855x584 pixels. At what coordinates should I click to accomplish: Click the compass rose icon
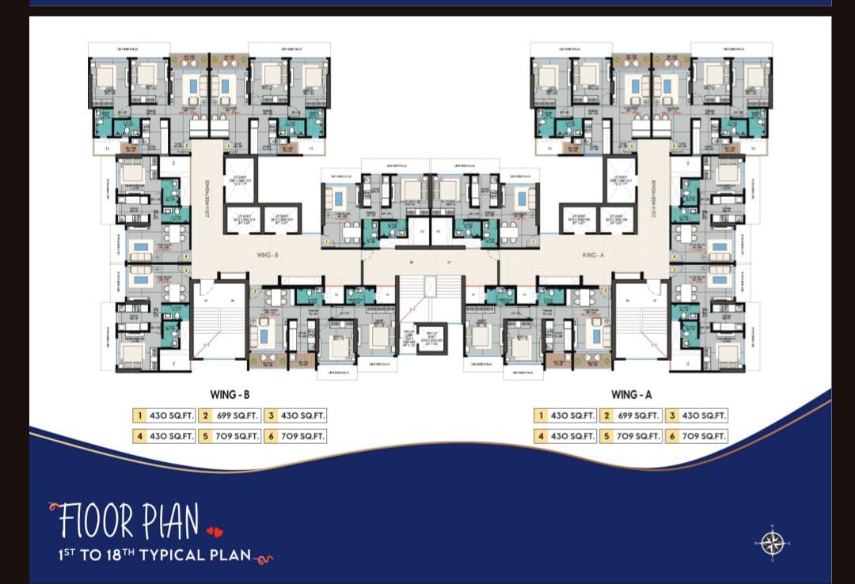point(772,543)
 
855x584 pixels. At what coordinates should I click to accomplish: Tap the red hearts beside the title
point(215,531)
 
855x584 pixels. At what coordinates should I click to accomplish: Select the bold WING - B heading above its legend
point(230,395)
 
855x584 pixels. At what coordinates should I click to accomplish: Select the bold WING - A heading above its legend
point(631,395)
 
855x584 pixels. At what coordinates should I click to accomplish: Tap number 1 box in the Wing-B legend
point(139,415)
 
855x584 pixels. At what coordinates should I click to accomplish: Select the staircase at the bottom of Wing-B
point(218,320)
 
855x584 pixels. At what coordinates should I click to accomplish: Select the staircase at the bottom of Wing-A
point(641,320)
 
